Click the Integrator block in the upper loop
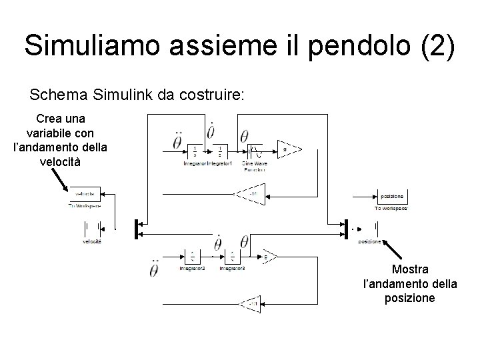click(x=195, y=151)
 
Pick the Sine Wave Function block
click(x=255, y=151)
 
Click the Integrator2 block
click(x=191, y=257)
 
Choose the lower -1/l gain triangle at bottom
click(x=251, y=305)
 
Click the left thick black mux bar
click(x=135, y=228)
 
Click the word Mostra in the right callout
click(x=410, y=269)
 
